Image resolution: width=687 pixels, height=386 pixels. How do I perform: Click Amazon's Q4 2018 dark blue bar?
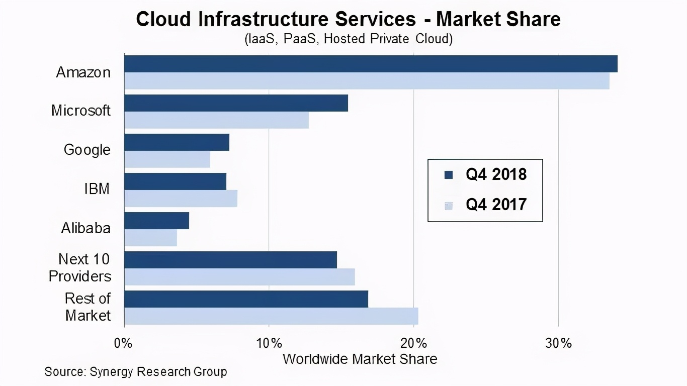tap(371, 64)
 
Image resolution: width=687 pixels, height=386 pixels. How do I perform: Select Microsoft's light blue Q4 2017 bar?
tap(216, 120)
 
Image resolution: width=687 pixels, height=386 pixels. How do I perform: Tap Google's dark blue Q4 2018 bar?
tap(177, 142)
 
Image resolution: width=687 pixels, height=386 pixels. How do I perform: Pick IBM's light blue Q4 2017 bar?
tap(181, 199)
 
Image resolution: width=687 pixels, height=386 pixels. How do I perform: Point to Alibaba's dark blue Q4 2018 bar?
tap(156, 221)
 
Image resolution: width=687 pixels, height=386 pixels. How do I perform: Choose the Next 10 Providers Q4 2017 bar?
tap(239, 277)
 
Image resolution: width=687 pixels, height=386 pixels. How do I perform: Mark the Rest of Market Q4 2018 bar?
tap(246, 299)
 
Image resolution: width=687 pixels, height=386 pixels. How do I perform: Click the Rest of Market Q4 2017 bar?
tap(271, 316)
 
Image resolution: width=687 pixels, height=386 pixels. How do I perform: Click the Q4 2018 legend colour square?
tap(449, 175)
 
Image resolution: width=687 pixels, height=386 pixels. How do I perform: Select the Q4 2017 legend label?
tap(496, 205)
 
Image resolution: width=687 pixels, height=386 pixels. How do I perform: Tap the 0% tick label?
tap(124, 344)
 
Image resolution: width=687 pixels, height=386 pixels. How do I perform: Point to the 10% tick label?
tap(269, 344)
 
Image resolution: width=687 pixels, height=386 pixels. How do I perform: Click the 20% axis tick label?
tap(414, 344)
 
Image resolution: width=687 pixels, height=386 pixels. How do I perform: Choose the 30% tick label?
tap(559, 344)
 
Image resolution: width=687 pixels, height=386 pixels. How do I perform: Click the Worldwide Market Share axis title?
tap(360, 359)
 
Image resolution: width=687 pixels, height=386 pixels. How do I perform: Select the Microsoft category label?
tap(80, 111)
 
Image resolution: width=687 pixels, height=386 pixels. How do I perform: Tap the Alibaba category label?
tap(85, 228)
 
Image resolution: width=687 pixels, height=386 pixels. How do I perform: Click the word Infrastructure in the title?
tap(262, 19)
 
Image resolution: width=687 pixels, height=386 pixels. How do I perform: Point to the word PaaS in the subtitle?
tap(300, 39)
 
